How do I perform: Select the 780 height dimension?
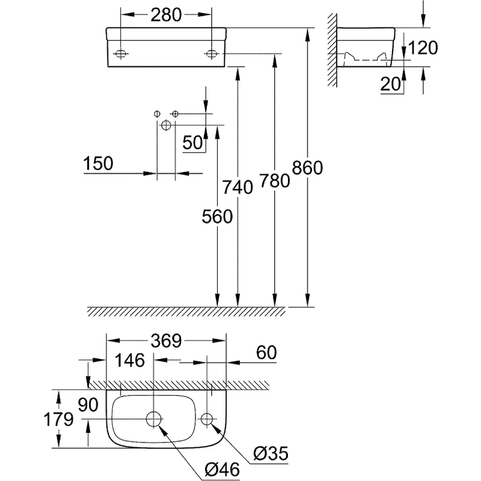274,181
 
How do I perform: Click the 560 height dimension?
216,216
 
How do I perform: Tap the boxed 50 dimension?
194,143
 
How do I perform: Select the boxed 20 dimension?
391,85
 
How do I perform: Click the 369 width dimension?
166,340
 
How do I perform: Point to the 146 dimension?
130,361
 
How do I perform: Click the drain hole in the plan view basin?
155,418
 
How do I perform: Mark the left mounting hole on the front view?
121,54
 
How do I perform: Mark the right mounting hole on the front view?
212,54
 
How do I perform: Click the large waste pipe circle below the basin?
166,124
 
